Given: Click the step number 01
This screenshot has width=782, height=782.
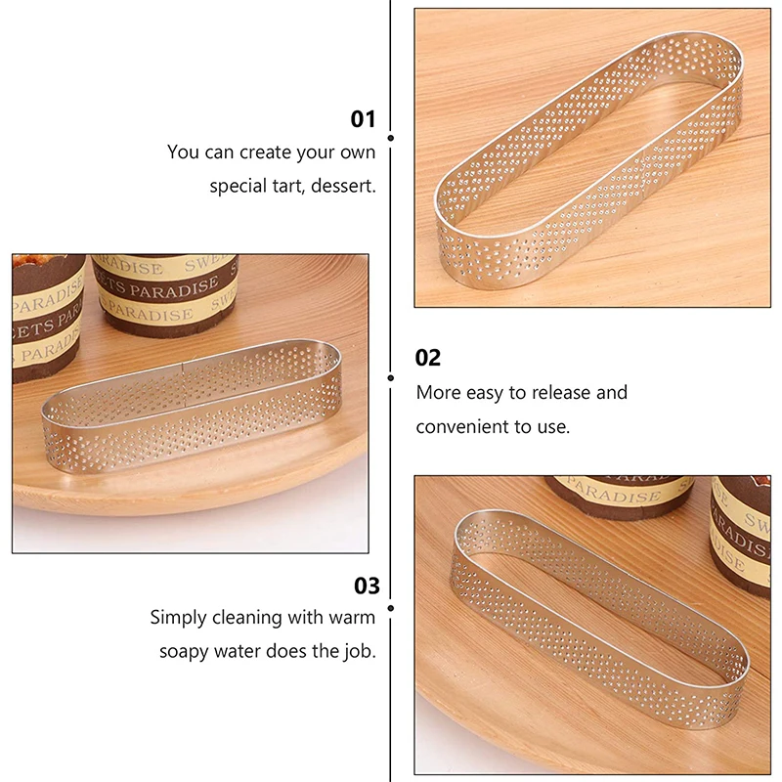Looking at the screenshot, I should click(x=363, y=119).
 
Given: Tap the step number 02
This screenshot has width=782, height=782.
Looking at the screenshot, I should click(x=428, y=358).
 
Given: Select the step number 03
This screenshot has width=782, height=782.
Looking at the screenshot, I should click(x=366, y=586).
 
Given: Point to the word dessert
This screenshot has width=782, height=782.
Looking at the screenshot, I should click(x=343, y=186).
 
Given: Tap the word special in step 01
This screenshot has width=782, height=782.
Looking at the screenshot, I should click(x=240, y=186).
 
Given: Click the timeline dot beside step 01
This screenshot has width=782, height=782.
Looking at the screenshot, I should click(x=391, y=139).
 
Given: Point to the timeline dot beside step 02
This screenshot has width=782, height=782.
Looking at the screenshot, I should click(x=391, y=377).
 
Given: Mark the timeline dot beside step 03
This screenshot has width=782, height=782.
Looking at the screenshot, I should click(x=391, y=606).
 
